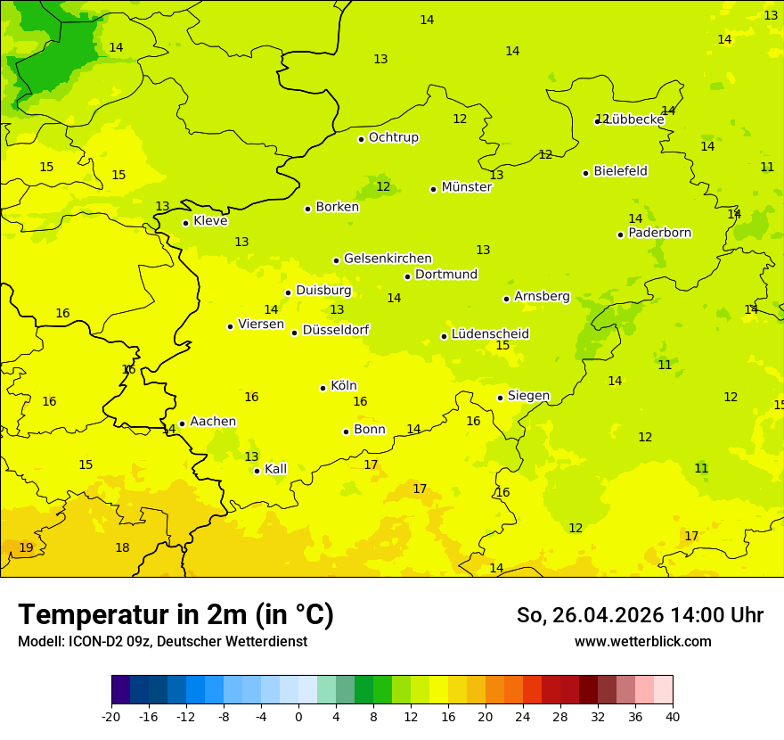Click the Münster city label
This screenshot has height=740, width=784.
tap(466, 187)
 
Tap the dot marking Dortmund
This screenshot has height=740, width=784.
tap(407, 276)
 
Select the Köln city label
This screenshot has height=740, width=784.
tap(343, 386)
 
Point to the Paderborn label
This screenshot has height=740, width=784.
tap(659, 233)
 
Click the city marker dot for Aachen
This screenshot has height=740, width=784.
tap(182, 424)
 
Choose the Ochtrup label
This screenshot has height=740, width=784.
tap(393, 137)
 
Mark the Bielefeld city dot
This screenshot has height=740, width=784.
tap(585, 173)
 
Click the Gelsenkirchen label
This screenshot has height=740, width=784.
tap(388, 259)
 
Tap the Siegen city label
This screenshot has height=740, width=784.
tap(528, 396)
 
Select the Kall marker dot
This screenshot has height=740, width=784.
tap(257, 471)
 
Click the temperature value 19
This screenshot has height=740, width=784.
tap(26, 547)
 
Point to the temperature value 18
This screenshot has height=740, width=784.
tap(122, 547)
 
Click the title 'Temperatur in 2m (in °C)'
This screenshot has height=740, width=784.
tap(176, 615)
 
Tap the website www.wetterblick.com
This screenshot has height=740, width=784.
tap(642, 642)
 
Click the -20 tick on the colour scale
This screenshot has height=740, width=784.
tap(111, 717)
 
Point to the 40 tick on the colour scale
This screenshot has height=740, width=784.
tap(673, 717)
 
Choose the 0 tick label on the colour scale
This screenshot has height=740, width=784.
tap(298, 717)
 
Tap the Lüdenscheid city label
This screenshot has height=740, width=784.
tap(490, 334)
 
